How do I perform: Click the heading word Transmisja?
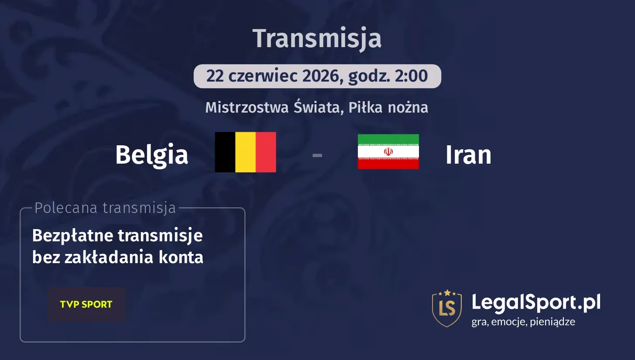pyautogui.click(x=317, y=38)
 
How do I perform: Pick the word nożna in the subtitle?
pyautogui.click(x=408, y=107)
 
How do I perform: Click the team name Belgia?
pyautogui.click(x=151, y=154)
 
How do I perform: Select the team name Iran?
pyautogui.click(x=468, y=154)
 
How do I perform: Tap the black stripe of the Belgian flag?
pyautogui.click(x=225, y=152)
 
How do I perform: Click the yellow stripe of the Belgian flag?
pyautogui.click(x=245, y=152)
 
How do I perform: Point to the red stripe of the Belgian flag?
pyautogui.click(x=266, y=152)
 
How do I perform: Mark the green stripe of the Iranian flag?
pyautogui.click(x=388, y=139)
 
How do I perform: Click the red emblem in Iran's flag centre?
pyautogui.click(x=388, y=151)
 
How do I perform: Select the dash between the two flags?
pyautogui.click(x=317, y=154)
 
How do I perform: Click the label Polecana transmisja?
pyautogui.click(x=105, y=208)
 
